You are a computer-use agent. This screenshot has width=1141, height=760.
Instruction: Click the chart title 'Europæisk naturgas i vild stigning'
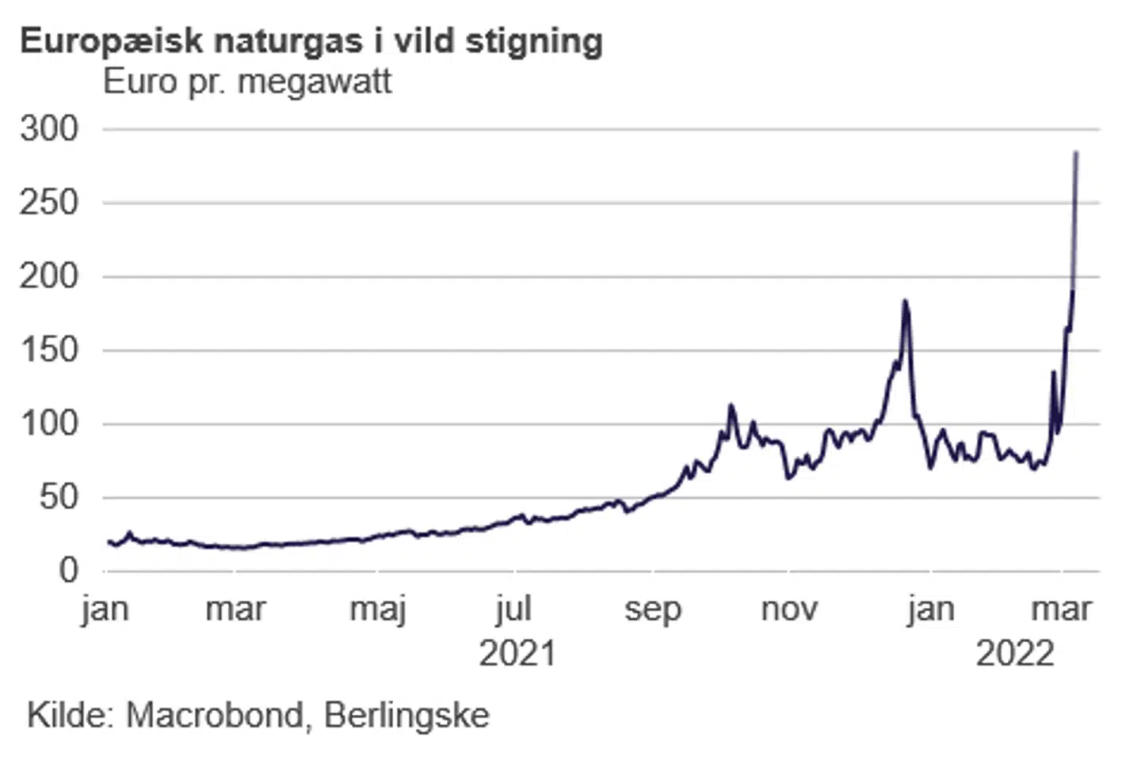coord(311,41)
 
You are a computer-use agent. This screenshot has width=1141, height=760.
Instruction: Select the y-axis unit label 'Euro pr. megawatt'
coord(247,82)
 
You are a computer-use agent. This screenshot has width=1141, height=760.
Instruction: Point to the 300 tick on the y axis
coord(50,128)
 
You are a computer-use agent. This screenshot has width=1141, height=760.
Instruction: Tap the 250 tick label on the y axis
coord(50,203)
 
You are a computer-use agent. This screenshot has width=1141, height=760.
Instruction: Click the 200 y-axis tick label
coord(50,276)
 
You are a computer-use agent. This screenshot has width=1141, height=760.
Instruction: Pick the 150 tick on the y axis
coord(50,350)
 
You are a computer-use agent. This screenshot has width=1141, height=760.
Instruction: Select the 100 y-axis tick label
coord(50,424)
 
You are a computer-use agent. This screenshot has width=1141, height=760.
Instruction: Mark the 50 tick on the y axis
coord(59,497)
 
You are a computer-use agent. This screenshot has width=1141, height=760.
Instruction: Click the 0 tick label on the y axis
coord(69,570)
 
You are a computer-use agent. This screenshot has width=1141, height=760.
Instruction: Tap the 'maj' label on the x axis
coord(378,610)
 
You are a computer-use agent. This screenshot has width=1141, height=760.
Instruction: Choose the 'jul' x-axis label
coord(513,610)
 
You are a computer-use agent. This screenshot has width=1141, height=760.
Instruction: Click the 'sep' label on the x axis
coord(652,610)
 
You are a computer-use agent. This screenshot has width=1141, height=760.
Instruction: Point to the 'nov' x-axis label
coord(789,610)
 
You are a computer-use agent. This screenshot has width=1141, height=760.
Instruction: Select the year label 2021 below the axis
coord(517,654)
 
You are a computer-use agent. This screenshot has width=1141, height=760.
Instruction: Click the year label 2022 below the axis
coord(1015,654)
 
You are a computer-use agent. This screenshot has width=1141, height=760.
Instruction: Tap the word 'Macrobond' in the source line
coord(215,716)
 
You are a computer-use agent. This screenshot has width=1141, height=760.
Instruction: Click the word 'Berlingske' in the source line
coord(406,716)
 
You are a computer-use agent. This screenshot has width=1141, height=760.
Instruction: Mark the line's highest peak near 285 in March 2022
coord(1076,152)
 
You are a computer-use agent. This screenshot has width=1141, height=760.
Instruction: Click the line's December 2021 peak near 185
coord(905,301)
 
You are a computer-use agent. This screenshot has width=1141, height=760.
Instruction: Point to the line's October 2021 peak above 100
coord(731,406)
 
